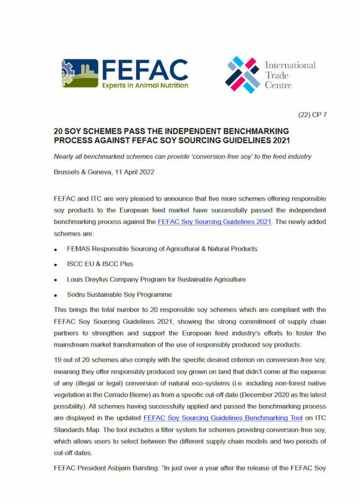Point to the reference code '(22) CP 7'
tap(313, 115)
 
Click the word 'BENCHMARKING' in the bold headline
tap(252, 131)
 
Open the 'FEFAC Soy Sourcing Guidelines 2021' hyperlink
tap(214, 221)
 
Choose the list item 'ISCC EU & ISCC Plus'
tap(100, 264)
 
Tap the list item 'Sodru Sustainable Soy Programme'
tap(119, 294)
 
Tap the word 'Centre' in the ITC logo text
tap(278, 85)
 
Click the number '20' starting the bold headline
tap(59, 131)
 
